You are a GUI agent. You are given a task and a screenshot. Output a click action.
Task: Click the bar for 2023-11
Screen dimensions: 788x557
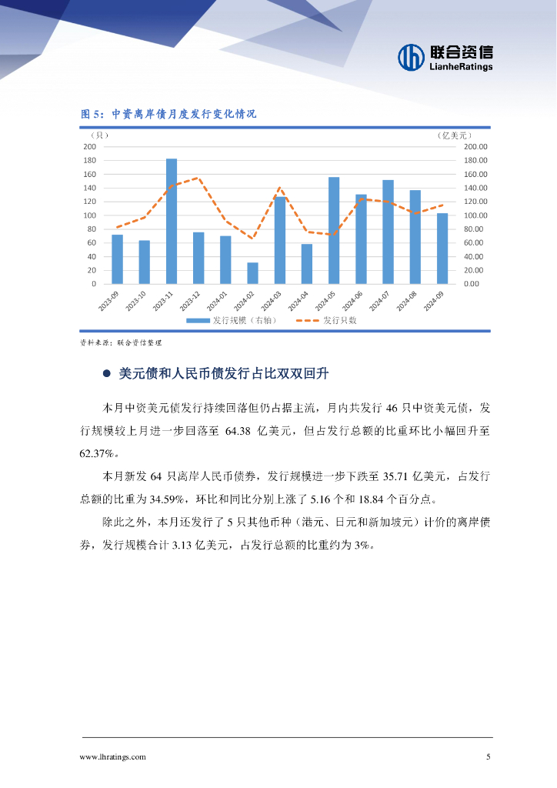[x=172, y=222]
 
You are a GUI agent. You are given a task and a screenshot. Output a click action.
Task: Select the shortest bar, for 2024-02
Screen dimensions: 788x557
[x=252, y=273]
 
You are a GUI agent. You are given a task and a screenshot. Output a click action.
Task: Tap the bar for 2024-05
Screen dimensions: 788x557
[x=334, y=231]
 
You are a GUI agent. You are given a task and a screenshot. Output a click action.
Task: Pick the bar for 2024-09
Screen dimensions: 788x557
[x=442, y=249]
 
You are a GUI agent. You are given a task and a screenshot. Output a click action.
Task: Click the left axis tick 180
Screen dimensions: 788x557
[x=89, y=160]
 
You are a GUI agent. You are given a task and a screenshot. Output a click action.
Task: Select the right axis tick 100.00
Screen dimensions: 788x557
[x=476, y=215]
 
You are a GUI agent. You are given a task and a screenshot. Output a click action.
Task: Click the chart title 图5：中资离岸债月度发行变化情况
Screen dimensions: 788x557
[x=168, y=114]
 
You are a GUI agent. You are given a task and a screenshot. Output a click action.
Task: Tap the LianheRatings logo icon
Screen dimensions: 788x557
[x=412, y=56]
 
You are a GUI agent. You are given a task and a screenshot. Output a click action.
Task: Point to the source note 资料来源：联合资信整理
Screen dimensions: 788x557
[x=121, y=343]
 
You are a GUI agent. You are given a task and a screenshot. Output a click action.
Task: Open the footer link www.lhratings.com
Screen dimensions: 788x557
[x=113, y=757]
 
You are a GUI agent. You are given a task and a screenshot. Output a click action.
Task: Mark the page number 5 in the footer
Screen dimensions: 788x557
[x=489, y=757]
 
